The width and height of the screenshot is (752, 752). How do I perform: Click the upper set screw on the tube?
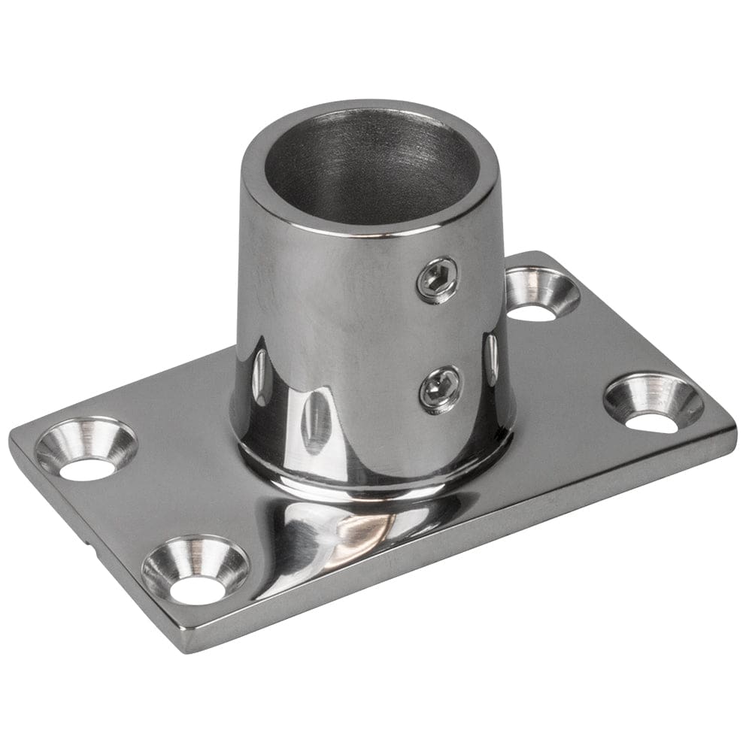click(438, 280)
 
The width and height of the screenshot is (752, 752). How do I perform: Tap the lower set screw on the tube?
click(440, 389)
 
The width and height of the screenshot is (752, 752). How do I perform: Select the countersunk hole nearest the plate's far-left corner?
click(86, 450)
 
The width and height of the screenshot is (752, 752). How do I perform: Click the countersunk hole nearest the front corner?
click(196, 570)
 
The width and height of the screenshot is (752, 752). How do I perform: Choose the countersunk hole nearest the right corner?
click(653, 403)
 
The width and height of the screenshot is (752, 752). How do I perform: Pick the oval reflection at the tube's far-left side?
click(259, 376)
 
